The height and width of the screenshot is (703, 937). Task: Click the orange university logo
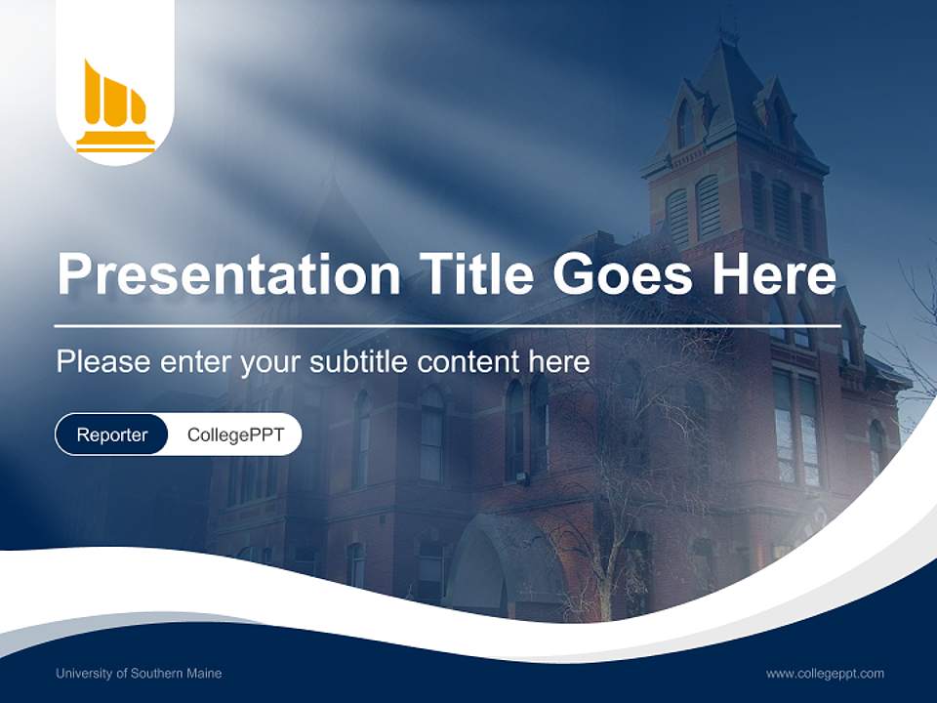click(115, 105)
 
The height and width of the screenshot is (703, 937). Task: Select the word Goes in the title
click(625, 274)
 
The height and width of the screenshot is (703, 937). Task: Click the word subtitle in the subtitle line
click(359, 362)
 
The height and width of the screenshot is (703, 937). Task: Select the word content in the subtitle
click(469, 362)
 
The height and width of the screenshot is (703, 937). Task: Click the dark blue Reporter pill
click(112, 434)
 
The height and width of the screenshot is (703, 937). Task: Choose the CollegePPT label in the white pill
click(235, 434)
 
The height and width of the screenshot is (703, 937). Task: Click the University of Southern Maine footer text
click(139, 674)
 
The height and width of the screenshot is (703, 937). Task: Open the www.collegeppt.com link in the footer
click(825, 674)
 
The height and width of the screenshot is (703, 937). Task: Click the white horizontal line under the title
click(447, 325)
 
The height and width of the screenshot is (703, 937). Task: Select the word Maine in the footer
click(204, 674)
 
